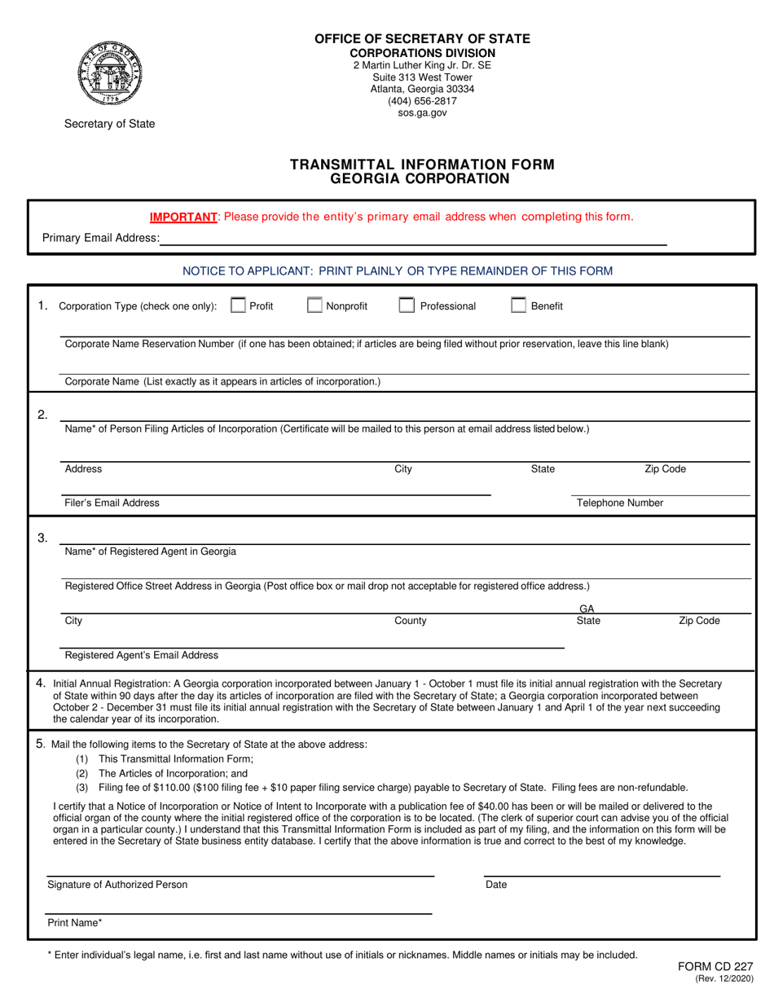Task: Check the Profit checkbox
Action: [239, 306]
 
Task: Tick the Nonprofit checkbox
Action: [314, 306]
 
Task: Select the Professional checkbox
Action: [407, 306]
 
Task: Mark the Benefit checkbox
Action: [518, 306]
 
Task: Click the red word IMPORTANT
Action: [183, 217]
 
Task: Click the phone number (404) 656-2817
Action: [422, 101]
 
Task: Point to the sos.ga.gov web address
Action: [422, 113]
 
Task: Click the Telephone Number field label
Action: [620, 503]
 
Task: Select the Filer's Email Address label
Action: [112, 503]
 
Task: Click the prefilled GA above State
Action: [587, 609]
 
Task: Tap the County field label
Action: [410, 621]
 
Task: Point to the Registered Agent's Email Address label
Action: [141, 655]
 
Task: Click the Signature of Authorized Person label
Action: [117, 885]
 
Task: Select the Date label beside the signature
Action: [495, 885]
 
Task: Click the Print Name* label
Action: [75, 924]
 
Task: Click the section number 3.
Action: [42, 538]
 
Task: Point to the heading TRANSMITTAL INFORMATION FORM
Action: [422, 164]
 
